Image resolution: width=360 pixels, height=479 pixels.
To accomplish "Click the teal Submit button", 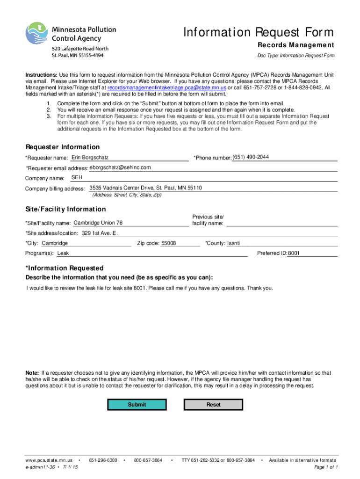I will [x=137, y=405].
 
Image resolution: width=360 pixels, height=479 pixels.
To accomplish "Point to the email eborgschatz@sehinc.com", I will [x=120, y=167].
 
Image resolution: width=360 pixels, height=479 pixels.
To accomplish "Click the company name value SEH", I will [x=77, y=178].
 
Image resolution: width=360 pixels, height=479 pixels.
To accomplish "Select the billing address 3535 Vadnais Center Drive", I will [x=145, y=188].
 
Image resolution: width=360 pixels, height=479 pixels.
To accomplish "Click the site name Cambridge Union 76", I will [x=98, y=223].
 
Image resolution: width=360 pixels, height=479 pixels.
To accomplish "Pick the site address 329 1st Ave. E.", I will [x=100, y=233].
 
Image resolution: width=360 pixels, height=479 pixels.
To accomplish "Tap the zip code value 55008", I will [x=168, y=243].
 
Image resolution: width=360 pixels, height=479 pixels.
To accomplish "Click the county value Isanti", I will [x=233, y=243].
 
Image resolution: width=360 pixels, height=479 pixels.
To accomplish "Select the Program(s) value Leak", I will [x=63, y=254].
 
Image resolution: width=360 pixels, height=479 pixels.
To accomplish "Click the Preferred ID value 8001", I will [x=294, y=254].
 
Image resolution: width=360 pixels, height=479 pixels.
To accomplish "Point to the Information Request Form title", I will [x=259, y=32].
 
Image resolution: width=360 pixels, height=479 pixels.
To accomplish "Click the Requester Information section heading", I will [x=62, y=147].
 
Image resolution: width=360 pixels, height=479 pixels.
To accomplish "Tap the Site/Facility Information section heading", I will [x=65, y=209].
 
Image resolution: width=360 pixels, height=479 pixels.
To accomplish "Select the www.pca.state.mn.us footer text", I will [x=49, y=461].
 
